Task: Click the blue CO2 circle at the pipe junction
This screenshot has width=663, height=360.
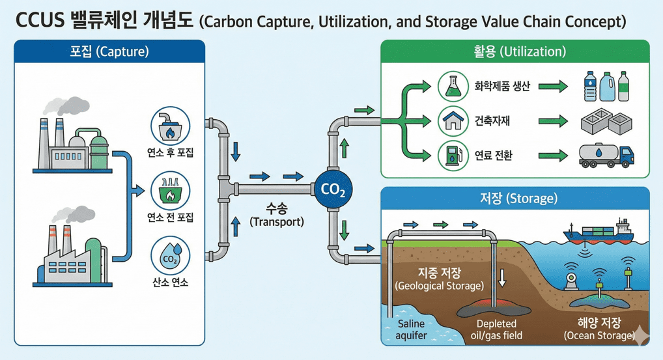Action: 333,189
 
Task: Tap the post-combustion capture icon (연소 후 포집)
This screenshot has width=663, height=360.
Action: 171,127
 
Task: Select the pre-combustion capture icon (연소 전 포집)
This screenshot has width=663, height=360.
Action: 171,191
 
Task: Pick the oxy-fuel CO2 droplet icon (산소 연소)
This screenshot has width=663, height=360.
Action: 171,256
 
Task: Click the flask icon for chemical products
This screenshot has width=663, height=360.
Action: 453,86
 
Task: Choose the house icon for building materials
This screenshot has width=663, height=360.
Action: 453,120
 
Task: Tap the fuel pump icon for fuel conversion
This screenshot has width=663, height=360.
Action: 453,155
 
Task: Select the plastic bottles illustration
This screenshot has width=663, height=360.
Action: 606,86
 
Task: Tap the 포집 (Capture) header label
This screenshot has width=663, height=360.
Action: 109,51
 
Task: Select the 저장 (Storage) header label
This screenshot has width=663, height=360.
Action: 515,197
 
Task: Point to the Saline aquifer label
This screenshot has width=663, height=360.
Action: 410,329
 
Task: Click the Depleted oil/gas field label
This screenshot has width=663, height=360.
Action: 496,329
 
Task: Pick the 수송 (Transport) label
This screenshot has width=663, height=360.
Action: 277,215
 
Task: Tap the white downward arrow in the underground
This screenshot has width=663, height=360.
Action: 502,277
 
